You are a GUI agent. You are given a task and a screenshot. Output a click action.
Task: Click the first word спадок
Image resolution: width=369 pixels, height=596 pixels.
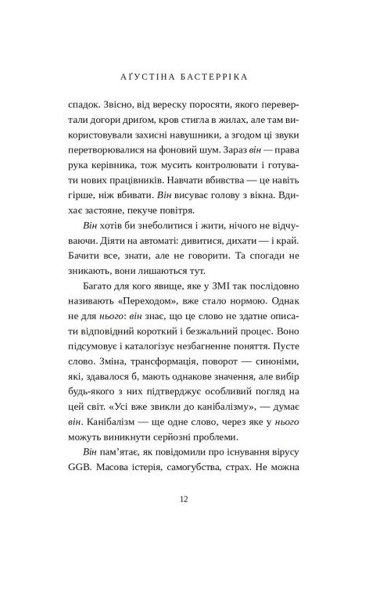click(86, 105)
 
